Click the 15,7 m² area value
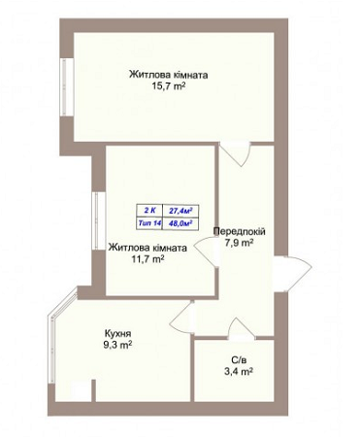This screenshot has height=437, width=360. click(168, 86)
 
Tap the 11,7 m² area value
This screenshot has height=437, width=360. click(147, 258)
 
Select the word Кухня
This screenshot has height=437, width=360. click(117, 333)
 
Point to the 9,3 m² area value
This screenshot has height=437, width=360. click(117, 345)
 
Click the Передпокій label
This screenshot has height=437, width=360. click(240, 231)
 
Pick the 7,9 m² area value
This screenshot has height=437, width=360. click(240, 243)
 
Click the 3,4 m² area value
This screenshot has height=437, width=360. click(239, 371)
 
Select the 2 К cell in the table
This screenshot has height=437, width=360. click(149, 211)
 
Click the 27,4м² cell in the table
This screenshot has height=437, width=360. click(180, 211)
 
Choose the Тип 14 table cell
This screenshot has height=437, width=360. click(149, 223)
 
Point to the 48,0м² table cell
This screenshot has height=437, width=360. click(180, 223)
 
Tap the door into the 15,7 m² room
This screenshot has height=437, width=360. click(235, 154)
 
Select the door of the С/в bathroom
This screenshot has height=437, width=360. click(242, 328)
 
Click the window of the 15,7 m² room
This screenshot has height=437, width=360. click(67, 86)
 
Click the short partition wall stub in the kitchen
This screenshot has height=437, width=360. click(93, 390)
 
